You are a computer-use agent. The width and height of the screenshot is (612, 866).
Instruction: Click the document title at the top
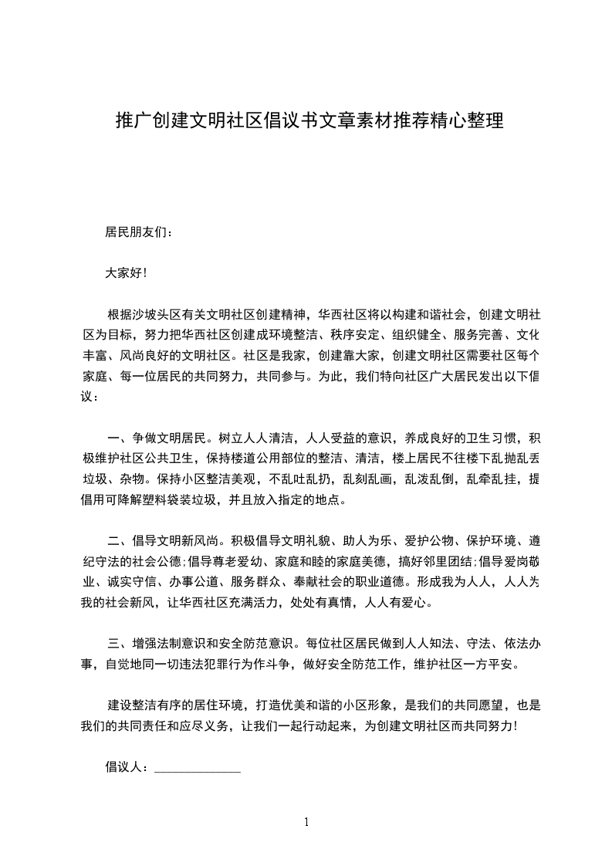309,121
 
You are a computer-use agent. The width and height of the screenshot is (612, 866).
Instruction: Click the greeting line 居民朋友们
139,232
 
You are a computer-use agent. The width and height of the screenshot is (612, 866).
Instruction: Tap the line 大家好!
125,272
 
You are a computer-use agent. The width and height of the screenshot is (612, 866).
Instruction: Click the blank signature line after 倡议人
198,768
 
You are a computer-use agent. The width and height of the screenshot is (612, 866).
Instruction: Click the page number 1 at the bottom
306,822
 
